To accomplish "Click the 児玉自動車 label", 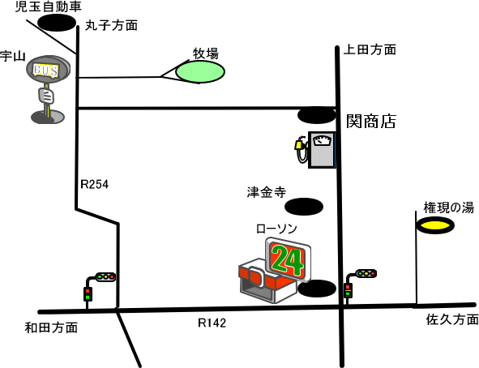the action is point(49,6).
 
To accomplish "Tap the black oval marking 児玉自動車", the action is point(57,23).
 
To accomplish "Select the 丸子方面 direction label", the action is point(111,25).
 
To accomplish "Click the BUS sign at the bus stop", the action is point(46,70).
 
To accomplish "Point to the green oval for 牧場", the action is point(200,71).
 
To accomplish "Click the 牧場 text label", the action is point(206,53).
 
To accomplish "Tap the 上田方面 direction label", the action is point(370,49).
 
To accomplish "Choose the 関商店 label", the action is point(371,121).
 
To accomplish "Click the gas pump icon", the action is point(316,150).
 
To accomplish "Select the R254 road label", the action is point(94,184).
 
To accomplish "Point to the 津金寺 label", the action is point(267,192).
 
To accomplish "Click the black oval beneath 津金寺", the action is point(304,207).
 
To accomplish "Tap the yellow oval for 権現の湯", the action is point(435,225).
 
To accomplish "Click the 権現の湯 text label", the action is point(449,208).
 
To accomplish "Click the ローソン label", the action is point(276,229).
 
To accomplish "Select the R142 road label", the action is point(212,323).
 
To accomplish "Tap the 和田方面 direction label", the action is point(51,327).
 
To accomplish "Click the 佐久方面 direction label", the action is point(452,319).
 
